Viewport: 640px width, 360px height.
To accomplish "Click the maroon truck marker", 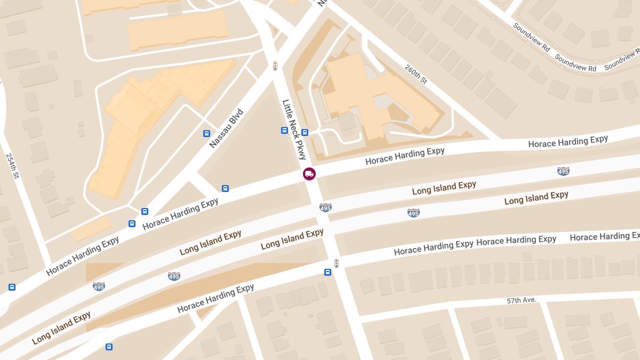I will click(309, 174).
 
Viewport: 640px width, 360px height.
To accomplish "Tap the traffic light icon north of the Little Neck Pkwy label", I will click(275, 66).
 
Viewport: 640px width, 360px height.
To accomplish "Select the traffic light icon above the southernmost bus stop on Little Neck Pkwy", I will click(337, 263).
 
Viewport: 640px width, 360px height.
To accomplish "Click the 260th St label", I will click(416, 75).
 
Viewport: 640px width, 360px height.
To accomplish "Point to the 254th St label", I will click(12, 166).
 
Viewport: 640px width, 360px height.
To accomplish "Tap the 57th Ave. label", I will click(521, 301).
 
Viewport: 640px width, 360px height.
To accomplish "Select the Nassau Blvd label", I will click(226, 129).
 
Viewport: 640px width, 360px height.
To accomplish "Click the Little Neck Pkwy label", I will click(294, 130).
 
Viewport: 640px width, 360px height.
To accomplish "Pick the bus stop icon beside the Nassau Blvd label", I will click(206, 133).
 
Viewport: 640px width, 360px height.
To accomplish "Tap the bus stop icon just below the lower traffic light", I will click(327, 273).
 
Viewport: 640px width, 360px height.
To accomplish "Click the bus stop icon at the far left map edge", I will click(12, 287).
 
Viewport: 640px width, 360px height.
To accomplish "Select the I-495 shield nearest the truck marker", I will click(325, 207).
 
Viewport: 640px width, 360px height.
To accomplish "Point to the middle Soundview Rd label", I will click(575, 62).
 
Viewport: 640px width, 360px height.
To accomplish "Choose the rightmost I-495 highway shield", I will click(563, 171).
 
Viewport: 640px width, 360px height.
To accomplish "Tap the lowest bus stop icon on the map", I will click(109, 347).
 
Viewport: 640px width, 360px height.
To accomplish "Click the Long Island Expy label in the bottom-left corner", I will click(61, 328).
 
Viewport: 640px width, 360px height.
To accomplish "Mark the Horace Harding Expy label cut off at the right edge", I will click(604, 236).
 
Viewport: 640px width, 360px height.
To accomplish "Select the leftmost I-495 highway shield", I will click(99, 286).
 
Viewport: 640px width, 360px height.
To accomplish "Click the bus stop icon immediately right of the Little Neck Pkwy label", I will click(305, 132).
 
